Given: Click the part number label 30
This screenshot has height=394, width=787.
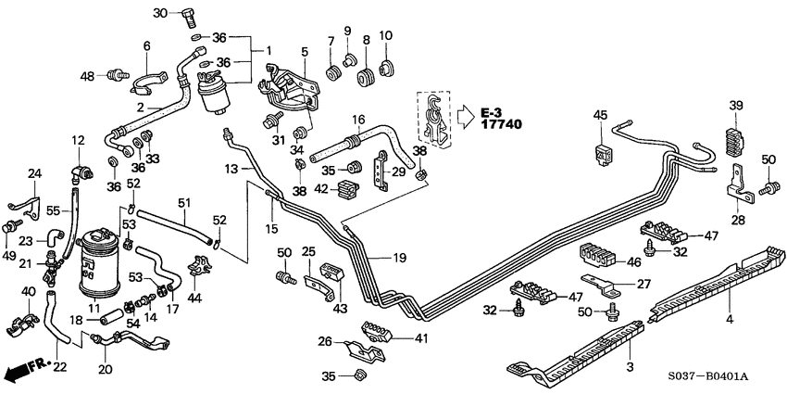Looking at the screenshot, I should coord(159,13).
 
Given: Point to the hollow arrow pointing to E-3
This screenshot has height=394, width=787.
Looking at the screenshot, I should coord(466,116).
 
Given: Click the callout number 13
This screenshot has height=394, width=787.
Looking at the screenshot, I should coord(231,168).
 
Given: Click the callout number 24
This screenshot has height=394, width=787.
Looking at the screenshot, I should coord(34,173).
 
